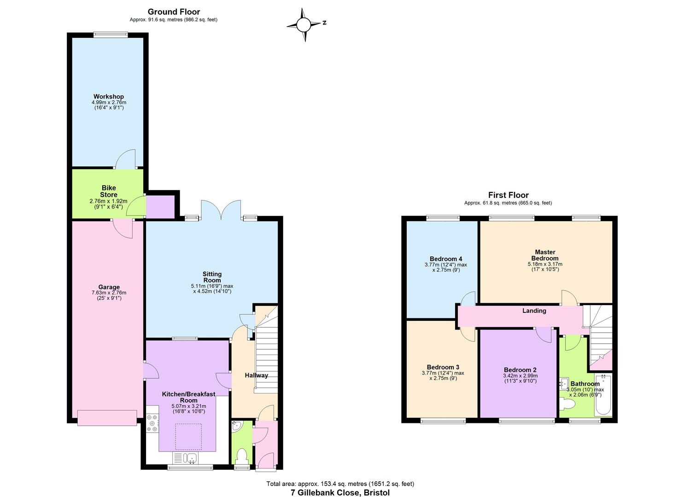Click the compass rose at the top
point(304,25)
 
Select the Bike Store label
point(109,191)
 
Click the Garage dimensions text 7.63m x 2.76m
point(109,293)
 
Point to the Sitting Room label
point(212,277)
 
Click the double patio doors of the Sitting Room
point(221,210)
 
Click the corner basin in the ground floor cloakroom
point(237,427)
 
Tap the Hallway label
point(256,375)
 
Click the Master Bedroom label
point(545,255)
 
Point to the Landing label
point(534,311)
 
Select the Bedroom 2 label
point(520,370)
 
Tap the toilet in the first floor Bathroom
point(568,404)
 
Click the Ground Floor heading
point(174,12)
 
